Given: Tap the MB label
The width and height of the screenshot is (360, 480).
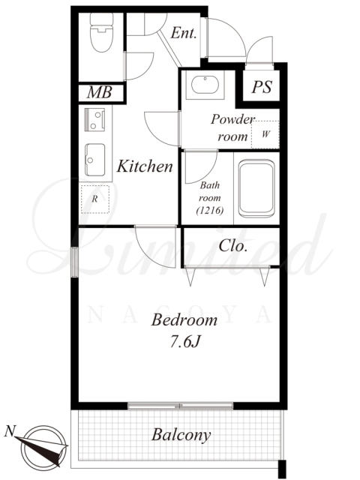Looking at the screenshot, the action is point(100,92).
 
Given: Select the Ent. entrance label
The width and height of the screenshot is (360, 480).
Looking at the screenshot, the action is point(183,33).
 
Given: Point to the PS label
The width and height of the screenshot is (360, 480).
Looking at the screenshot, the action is point(262,87).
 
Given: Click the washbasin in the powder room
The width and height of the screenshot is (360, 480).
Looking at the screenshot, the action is point(205,85).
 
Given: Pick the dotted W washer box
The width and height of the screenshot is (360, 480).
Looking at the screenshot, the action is point(265,135).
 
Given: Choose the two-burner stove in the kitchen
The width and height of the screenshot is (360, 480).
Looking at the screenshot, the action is point(94,120).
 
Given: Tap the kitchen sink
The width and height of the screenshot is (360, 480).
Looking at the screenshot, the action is point(95,160).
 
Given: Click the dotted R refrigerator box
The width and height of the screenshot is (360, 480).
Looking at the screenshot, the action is point(95,199).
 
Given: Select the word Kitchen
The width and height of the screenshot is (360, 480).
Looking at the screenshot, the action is point(145,166).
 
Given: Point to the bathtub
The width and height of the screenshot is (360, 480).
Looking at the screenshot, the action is point(256,188).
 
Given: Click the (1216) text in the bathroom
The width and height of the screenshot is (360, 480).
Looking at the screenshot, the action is point(210,211).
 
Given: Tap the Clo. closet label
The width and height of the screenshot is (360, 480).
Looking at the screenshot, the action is point(233,245).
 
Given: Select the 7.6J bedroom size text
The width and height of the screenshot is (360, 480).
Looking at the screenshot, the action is point(185,342).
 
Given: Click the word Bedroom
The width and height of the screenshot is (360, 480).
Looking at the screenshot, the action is point(184,320).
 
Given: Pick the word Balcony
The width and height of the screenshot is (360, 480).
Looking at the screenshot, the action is point(181,435).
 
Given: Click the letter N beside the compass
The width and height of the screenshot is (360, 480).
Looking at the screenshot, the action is point(10,432).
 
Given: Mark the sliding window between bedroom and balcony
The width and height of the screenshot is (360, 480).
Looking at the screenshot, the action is point(180,406).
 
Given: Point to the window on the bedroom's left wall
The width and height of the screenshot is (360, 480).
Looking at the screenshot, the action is point(75,262).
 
